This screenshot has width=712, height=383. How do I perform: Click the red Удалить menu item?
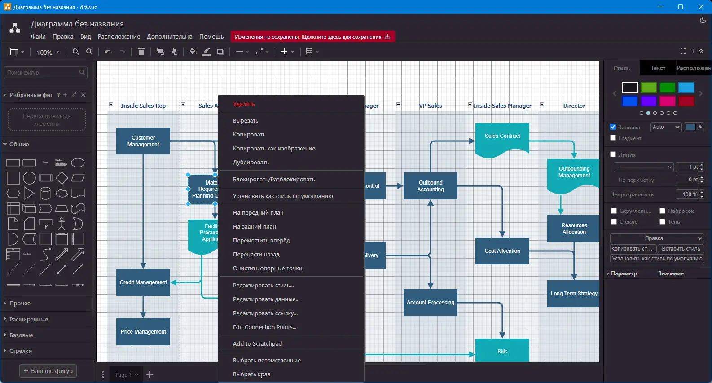pos(244,104)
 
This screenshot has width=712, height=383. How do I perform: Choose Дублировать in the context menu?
pos(251,163)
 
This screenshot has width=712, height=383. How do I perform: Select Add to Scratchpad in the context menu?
pos(257,344)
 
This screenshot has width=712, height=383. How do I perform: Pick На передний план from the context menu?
pos(258,213)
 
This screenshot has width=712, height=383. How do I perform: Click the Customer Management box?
pos(143,141)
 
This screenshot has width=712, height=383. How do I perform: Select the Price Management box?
pos(143,332)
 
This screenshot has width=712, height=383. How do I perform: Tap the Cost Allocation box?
pos(502,251)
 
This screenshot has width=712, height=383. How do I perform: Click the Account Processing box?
pos(430,303)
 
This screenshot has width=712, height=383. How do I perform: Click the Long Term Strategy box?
pos(573,294)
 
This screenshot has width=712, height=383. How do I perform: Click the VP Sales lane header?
pos(430,106)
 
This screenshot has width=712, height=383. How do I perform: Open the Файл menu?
pos(38,37)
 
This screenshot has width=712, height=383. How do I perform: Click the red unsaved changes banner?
pos(312,37)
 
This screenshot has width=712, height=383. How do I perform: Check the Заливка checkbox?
pos(613,127)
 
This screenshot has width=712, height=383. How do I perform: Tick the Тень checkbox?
pos(662,221)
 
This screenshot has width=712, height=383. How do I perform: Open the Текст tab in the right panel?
pos(658,68)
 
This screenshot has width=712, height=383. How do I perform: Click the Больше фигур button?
pos(48,371)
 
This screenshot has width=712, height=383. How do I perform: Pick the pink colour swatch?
pos(667,101)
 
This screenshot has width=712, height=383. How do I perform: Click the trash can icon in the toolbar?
pos(141,52)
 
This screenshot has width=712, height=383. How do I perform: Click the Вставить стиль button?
pos(681,249)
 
